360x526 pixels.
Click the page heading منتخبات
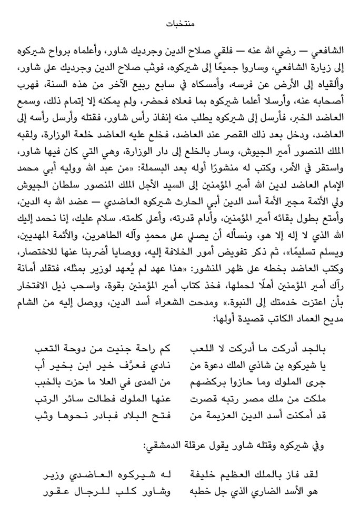(x=180, y=24)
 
